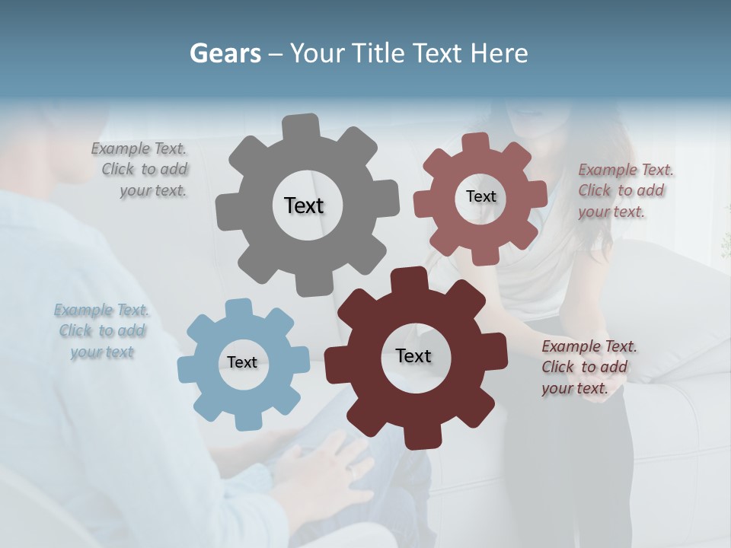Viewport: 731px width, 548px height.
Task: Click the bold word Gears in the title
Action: pos(225,53)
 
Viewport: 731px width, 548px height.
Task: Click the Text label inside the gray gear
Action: pos(304,205)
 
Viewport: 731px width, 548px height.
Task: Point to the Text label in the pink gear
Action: pos(480,196)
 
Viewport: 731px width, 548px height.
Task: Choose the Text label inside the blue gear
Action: pos(242,362)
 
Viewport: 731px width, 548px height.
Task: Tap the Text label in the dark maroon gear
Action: pos(413,355)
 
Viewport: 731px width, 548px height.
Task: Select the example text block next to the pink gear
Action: pos(624,190)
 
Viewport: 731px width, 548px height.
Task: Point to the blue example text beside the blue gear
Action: pos(102,331)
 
